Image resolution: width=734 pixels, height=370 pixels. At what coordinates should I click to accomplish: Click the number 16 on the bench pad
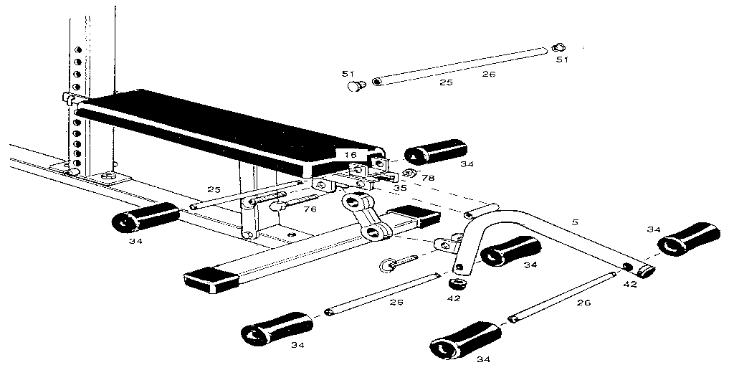tap(349, 154)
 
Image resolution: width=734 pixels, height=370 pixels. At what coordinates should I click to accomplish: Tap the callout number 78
tap(427, 178)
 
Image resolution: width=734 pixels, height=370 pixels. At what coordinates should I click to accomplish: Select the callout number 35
tap(400, 188)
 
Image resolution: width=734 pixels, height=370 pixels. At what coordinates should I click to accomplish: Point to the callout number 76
tap(310, 210)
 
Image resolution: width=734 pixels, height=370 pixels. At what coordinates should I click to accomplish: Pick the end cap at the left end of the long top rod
tap(355, 86)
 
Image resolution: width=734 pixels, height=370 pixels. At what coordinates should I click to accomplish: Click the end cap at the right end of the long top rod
tap(559, 47)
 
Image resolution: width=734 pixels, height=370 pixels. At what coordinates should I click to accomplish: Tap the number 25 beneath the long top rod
tap(446, 84)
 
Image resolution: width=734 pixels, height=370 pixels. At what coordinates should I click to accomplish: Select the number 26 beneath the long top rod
tap(489, 74)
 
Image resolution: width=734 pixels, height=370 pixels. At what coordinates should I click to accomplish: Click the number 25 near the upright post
tap(214, 189)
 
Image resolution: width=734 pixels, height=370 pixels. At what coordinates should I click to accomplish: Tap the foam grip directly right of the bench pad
tap(435, 153)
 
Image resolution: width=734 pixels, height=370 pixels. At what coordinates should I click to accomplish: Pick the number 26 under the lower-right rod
tap(584, 303)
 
